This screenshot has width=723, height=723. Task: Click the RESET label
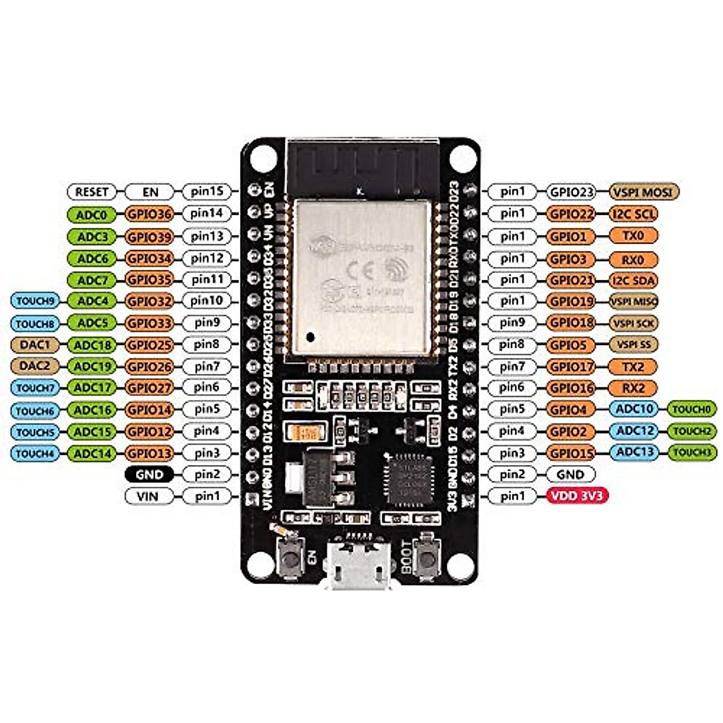[x=92, y=192]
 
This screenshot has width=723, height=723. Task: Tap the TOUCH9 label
[x=35, y=301]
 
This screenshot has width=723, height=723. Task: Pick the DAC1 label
[x=35, y=345]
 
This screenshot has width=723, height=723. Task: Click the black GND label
[x=149, y=475]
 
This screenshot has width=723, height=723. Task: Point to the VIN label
[x=148, y=496]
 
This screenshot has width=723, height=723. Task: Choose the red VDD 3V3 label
[x=578, y=496]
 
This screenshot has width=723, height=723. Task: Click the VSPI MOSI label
[x=644, y=192]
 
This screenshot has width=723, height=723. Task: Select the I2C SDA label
[x=633, y=280]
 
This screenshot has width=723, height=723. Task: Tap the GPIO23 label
[x=571, y=192]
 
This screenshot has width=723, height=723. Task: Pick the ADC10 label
[x=634, y=410]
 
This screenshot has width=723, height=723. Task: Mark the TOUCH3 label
[x=692, y=452]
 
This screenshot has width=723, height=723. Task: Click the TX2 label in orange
[x=633, y=366]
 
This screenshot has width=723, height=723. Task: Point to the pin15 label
[x=207, y=192]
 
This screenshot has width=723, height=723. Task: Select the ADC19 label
[x=92, y=366]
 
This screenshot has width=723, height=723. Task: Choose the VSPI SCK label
[x=633, y=323]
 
